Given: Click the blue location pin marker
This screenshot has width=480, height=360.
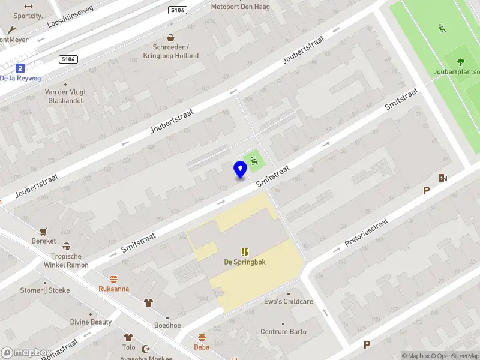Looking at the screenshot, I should click(240, 169).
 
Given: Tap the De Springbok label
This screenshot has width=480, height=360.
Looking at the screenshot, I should click(245, 262).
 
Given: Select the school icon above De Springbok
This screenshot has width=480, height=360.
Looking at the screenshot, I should click(245, 252).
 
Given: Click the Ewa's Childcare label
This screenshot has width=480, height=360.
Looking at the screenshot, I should click(289, 302).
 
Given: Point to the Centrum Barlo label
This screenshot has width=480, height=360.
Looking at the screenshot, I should click(283, 332).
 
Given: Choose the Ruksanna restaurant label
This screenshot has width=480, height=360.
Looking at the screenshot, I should click(113, 289).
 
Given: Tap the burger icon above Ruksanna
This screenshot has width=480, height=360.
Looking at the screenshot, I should click(113, 279).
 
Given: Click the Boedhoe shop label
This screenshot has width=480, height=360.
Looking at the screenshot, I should click(167, 325).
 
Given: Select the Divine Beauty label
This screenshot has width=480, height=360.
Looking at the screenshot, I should click(91, 322).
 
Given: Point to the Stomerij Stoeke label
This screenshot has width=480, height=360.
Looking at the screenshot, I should click(45, 290).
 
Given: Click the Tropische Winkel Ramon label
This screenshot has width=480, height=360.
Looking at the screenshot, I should click(66, 260).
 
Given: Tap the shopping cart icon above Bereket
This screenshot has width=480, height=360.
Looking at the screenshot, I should click(43, 231).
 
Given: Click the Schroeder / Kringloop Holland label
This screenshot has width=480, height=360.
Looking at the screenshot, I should click(175, 52).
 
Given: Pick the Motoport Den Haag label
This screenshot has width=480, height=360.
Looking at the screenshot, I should click(240, 7).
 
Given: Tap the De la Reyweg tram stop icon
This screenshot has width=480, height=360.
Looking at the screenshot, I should click(20, 67).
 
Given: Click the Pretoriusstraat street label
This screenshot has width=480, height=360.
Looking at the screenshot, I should click(367, 233).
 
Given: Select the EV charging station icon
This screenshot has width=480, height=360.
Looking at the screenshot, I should click(443, 178).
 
